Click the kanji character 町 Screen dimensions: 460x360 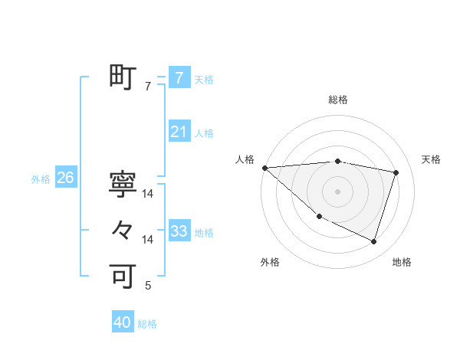pyautogui.click(x=123, y=77)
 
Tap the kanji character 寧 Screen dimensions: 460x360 pyautogui.click(x=123, y=183)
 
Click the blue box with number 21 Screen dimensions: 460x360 pyautogui.click(x=179, y=132)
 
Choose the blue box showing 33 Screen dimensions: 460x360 pyautogui.click(x=179, y=231)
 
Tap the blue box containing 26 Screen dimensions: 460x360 pyautogui.click(x=65, y=178)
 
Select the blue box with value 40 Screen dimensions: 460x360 pyautogui.click(x=123, y=323)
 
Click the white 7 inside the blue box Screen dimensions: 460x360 pyautogui.click(x=179, y=78)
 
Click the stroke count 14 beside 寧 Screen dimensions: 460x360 pyautogui.click(x=148, y=194)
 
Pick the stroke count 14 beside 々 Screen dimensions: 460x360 pyautogui.click(x=148, y=240)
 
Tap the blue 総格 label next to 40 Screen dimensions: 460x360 pyautogui.click(x=147, y=324)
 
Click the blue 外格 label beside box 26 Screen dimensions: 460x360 pyautogui.click(x=41, y=179)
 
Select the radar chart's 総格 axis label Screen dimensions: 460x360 pyautogui.click(x=338, y=100)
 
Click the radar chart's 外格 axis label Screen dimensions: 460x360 pyautogui.click(x=270, y=262)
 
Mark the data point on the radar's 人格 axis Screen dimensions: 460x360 pyautogui.click(x=264, y=167)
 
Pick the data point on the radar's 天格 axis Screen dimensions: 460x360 pyautogui.click(x=396, y=172)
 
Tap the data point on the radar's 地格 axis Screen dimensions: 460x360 pyautogui.click(x=373, y=241)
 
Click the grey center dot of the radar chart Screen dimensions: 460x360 pyautogui.click(x=338, y=191)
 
